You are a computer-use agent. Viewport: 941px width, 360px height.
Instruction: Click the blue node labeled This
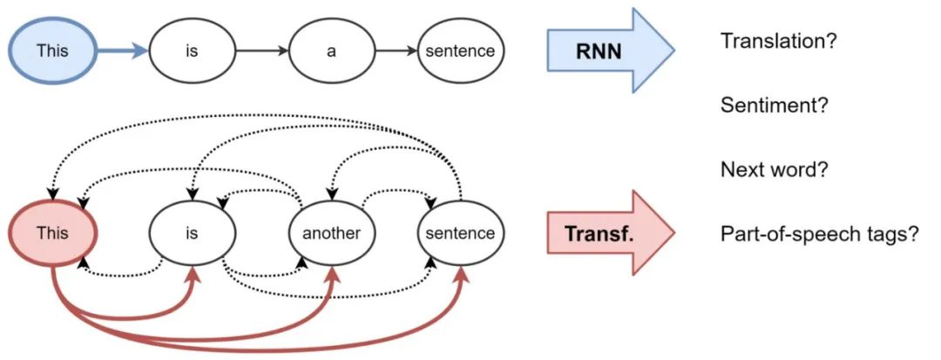coord(51,51)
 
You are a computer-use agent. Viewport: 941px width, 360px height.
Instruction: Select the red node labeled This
coord(51,233)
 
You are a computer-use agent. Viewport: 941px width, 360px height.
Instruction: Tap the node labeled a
coord(331,51)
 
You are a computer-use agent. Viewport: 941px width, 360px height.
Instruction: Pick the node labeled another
coord(331,233)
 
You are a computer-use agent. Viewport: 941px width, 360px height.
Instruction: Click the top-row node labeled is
coord(192,51)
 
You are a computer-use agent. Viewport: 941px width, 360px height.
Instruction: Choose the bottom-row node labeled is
coord(192,233)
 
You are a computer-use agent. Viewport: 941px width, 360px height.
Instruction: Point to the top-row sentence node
coord(460,51)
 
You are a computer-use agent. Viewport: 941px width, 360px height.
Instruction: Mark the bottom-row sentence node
coord(460,233)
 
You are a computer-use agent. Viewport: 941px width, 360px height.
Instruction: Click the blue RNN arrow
coord(610,51)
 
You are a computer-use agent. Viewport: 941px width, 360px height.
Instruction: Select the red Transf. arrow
coord(610,233)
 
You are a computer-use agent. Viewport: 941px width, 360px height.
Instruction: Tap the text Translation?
coord(779,41)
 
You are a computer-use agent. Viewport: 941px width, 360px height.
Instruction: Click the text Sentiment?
coord(774,105)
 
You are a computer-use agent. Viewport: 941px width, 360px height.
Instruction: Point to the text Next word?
coord(773,169)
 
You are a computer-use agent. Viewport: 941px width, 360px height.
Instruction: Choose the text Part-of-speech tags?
coord(819,234)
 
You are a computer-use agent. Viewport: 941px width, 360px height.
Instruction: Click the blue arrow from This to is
coord(122,51)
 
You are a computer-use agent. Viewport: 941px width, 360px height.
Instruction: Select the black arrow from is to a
coord(261,51)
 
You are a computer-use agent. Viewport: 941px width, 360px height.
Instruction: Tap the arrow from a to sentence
coord(396,51)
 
